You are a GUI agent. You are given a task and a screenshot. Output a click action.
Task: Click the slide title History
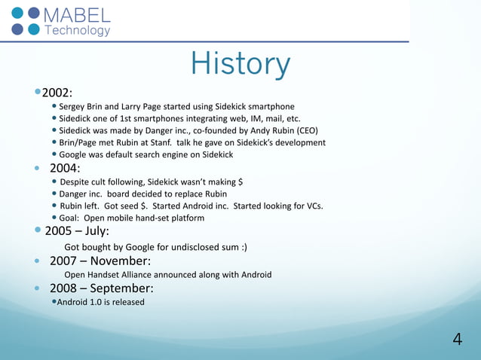point(240,65)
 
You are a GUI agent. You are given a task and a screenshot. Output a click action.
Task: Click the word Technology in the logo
point(78,31)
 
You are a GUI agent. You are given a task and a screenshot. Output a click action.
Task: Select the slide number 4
point(457,340)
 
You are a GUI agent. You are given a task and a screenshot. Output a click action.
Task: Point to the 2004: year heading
point(65,168)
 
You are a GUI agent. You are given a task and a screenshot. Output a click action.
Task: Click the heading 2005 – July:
point(77,230)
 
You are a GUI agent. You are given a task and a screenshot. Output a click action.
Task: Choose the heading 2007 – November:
point(100,261)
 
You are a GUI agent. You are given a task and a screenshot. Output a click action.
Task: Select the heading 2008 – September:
point(102,288)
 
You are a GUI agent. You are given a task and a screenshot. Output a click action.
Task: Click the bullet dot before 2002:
point(37,92)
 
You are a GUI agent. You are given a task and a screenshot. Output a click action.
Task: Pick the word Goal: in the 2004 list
point(72,218)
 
